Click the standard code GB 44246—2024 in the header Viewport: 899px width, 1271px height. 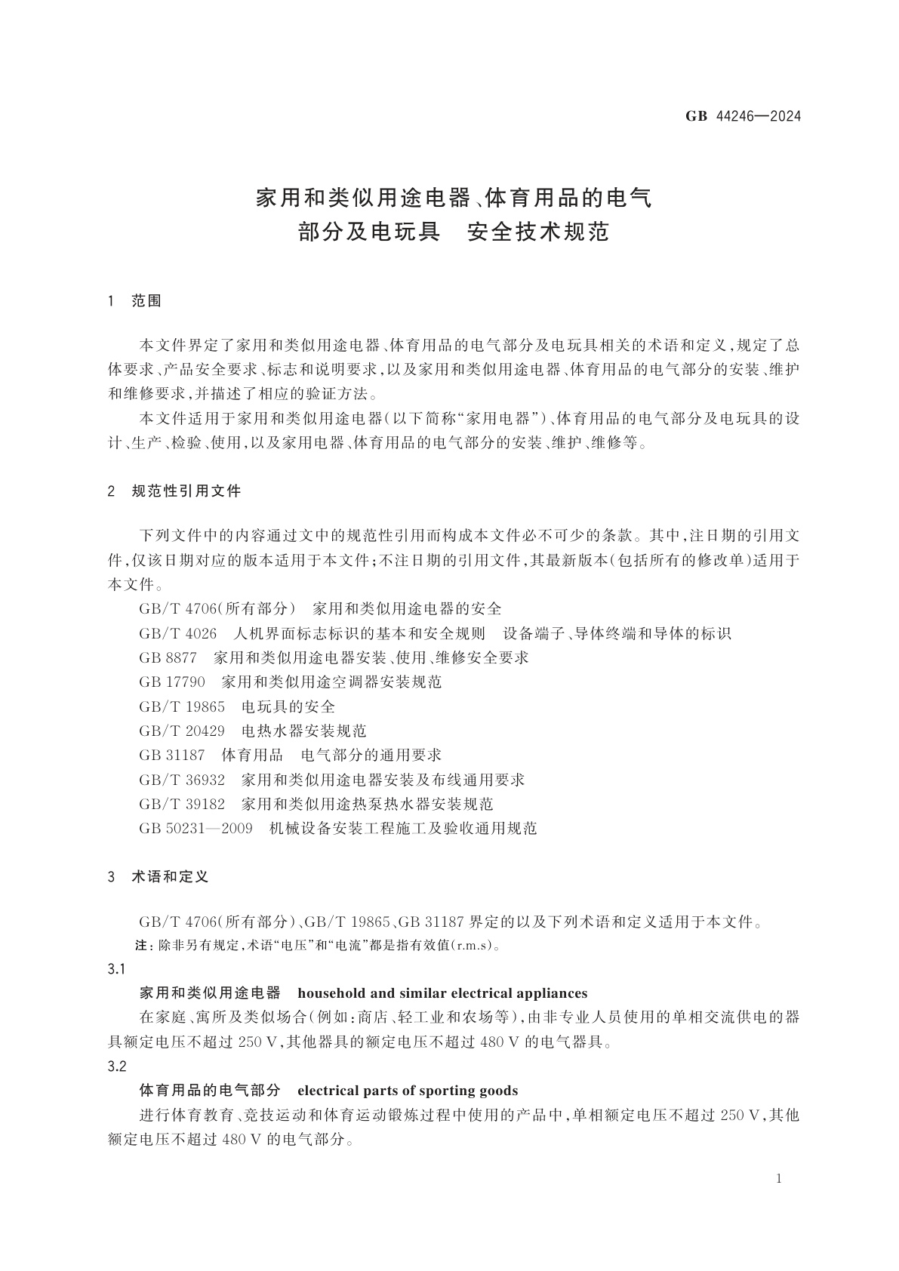[x=743, y=116]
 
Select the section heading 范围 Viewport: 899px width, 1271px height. [x=146, y=301]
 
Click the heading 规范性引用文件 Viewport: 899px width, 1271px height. [x=186, y=491]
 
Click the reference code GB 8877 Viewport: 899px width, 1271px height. [x=168, y=657]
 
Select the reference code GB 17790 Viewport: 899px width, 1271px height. [x=172, y=682]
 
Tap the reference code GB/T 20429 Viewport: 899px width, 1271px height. [x=182, y=731]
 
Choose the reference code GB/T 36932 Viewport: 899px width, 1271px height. [x=182, y=780]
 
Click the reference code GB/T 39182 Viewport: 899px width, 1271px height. [x=182, y=804]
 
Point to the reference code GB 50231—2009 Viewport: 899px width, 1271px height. [x=196, y=829]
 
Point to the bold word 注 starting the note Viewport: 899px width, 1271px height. [x=141, y=945]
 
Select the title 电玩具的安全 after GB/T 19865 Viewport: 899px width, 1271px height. [x=288, y=706]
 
